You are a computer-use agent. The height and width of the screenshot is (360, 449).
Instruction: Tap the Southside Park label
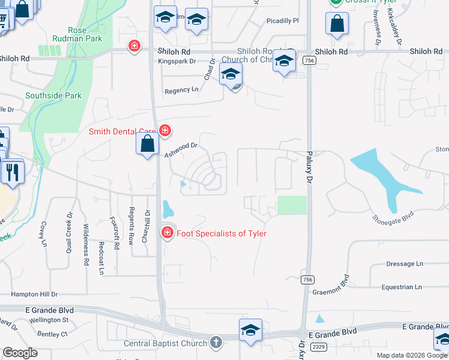(x=53, y=95)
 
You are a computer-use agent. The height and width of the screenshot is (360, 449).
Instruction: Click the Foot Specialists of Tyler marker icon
(x=167, y=233)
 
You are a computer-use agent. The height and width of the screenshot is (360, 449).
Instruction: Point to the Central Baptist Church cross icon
(x=216, y=343)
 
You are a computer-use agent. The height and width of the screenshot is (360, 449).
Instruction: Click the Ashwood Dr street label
(x=181, y=150)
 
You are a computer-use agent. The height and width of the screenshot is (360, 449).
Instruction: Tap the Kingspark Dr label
(x=176, y=61)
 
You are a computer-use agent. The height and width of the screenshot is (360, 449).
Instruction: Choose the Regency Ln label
(x=181, y=91)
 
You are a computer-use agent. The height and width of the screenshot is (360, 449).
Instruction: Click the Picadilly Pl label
(x=282, y=21)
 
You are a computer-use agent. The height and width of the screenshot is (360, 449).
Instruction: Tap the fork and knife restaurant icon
(x=12, y=172)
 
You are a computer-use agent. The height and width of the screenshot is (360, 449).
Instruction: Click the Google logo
(x=20, y=353)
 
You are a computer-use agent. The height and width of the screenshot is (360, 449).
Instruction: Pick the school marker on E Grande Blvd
(x=250, y=331)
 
